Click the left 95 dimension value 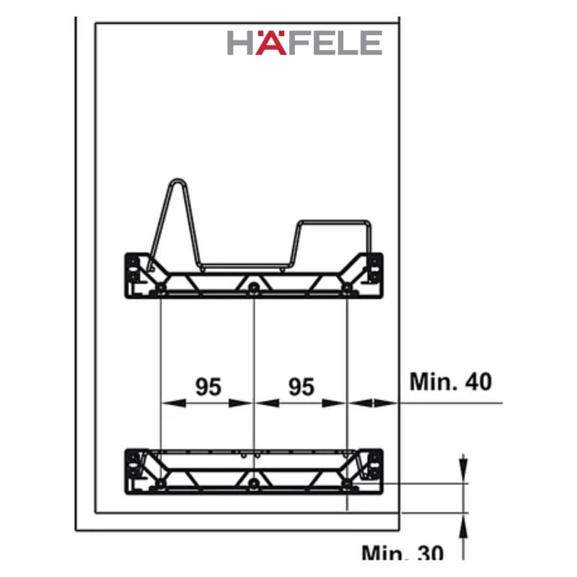(208, 387)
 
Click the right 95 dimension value (301, 387)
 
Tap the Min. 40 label (451, 381)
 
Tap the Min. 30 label (402, 554)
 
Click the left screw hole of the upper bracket (160, 288)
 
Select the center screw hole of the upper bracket (253, 288)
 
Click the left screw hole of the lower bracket (160, 484)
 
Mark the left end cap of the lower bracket (133, 467)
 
